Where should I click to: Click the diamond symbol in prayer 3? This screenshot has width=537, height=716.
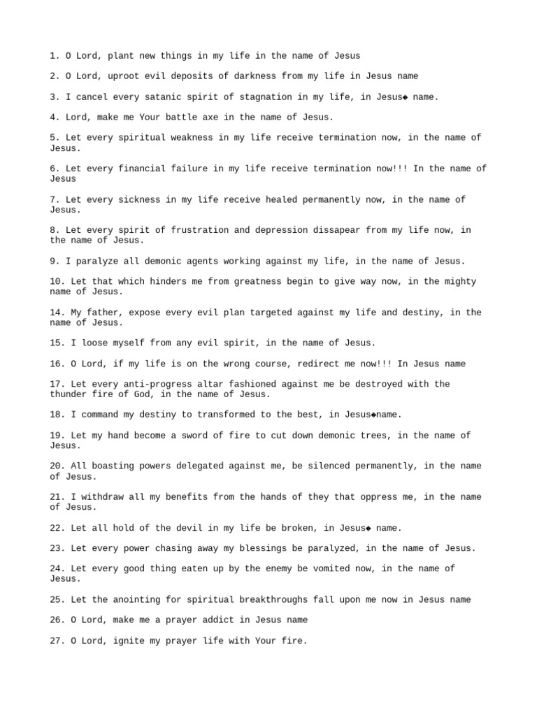coord(404,97)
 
